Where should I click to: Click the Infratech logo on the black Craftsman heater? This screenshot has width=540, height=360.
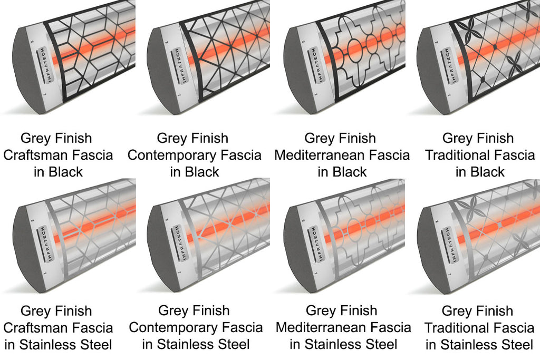[x=43, y=64]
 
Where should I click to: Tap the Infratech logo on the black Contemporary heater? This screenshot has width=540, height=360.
[x=177, y=64]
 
